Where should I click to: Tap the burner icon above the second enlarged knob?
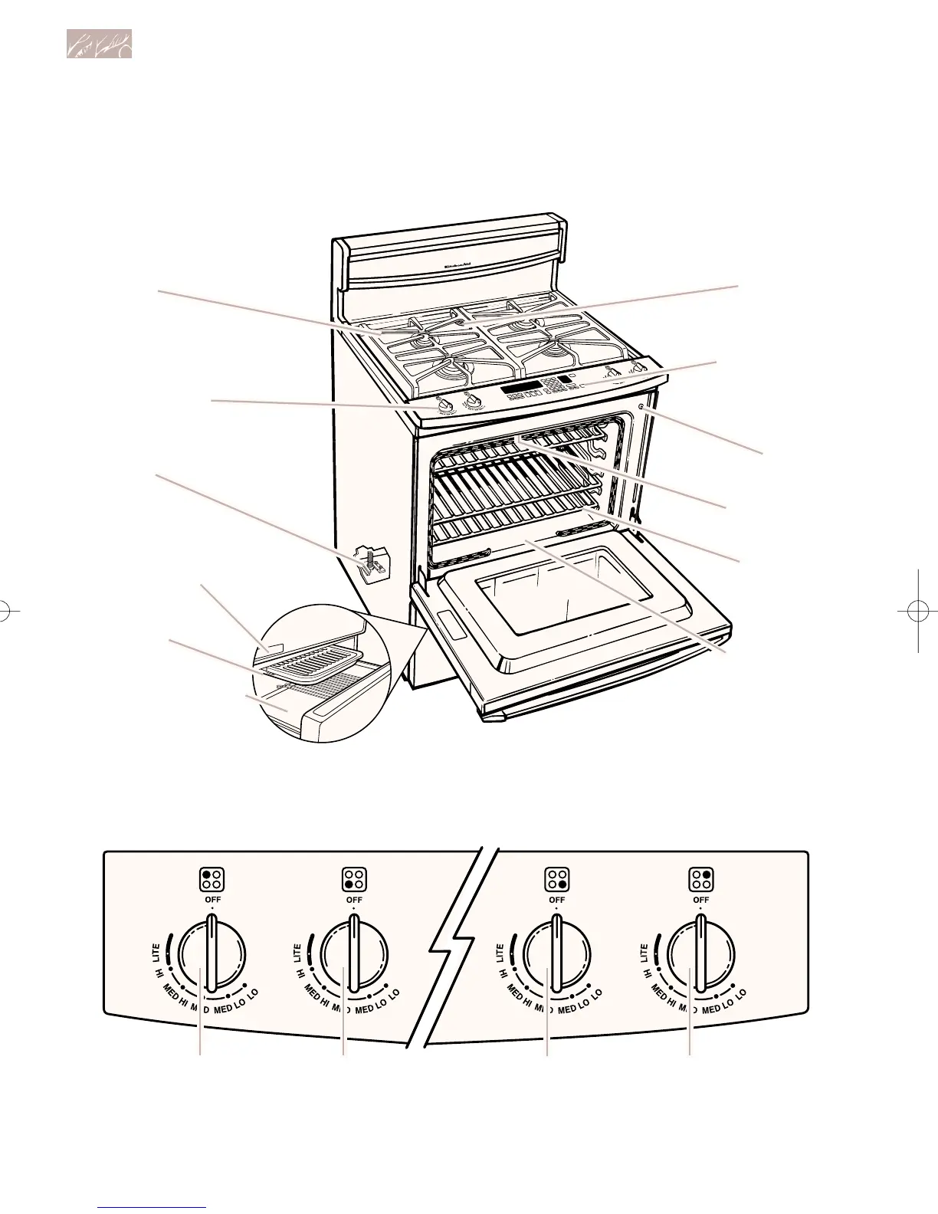[x=353, y=879]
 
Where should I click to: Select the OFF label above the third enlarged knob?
[x=556, y=900]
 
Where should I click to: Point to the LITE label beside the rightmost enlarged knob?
[x=644, y=953]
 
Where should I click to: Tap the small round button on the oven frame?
[x=640, y=408]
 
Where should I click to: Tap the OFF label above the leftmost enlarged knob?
[x=212, y=900]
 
